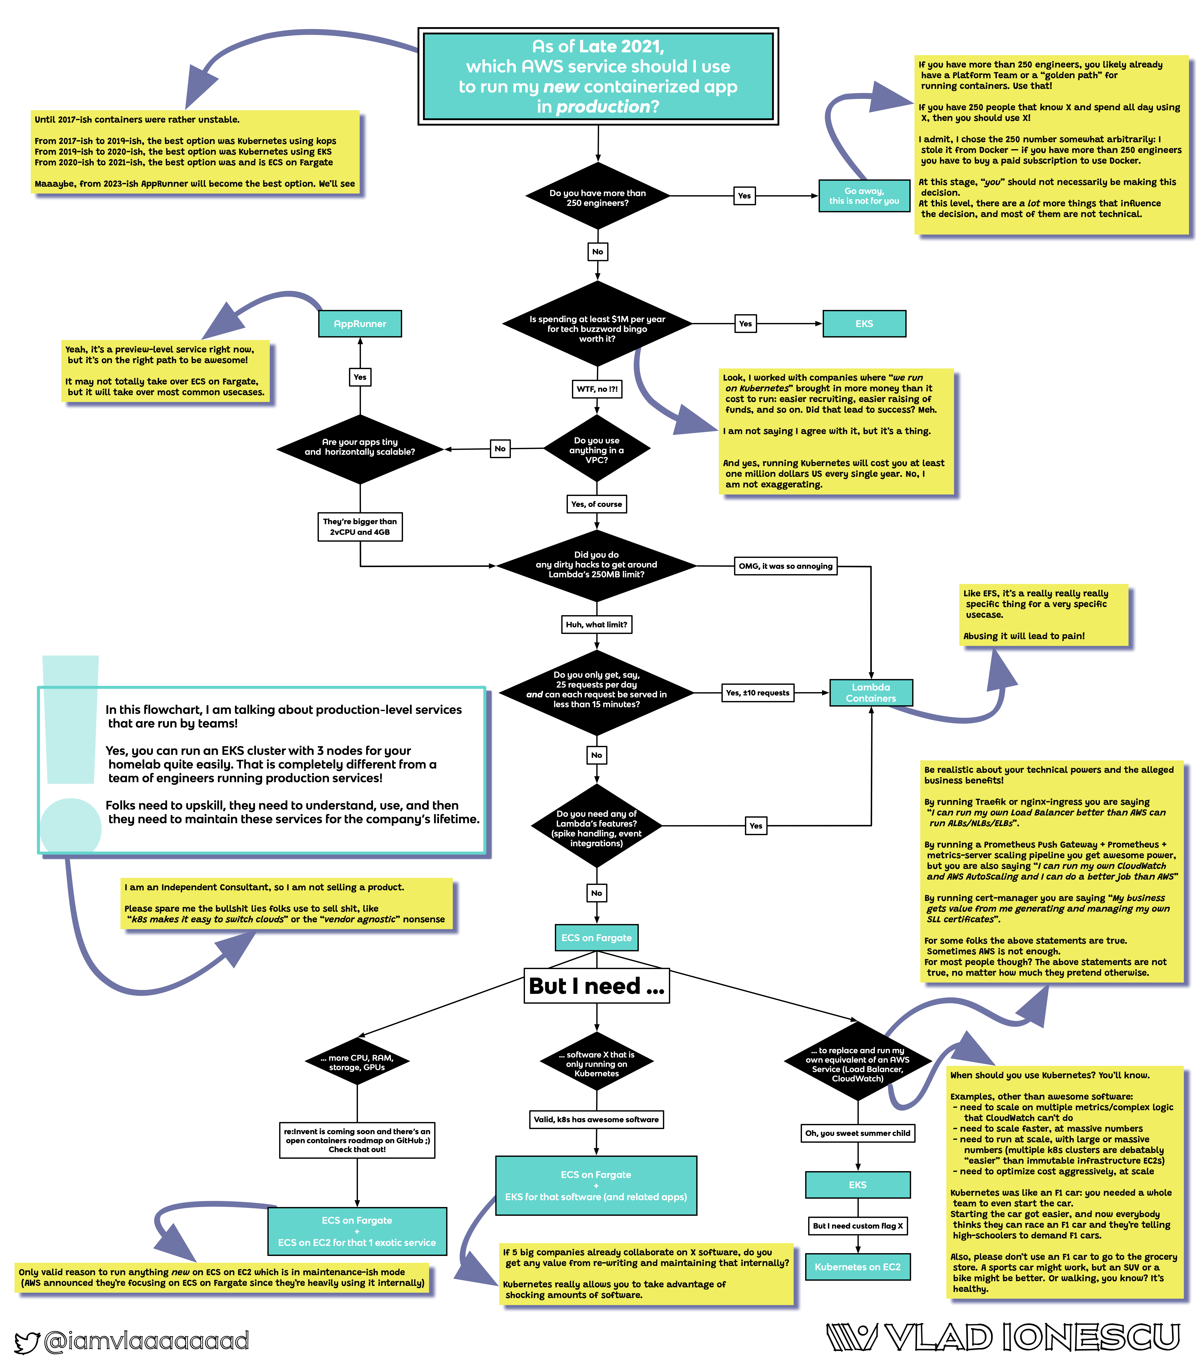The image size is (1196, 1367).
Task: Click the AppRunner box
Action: pyautogui.click(x=360, y=324)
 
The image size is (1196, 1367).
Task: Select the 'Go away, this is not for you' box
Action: pyautogui.click(x=864, y=196)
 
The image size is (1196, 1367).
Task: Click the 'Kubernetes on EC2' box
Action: pyautogui.click(x=858, y=1267)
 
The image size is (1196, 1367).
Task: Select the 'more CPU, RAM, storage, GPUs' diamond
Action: pyautogui.click(x=357, y=1063)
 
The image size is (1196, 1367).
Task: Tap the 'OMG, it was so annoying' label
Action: pyautogui.click(x=786, y=566)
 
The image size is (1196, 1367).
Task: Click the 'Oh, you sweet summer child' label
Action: pyautogui.click(x=858, y=1133)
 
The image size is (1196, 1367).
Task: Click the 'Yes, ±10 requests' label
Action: pyautogui.click(x=758, y=693)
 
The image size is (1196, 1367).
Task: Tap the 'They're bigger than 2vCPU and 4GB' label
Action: pyautogui.click(x=360, y=527)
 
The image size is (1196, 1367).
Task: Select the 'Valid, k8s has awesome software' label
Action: pyautogui.click(x=596, y=1119)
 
